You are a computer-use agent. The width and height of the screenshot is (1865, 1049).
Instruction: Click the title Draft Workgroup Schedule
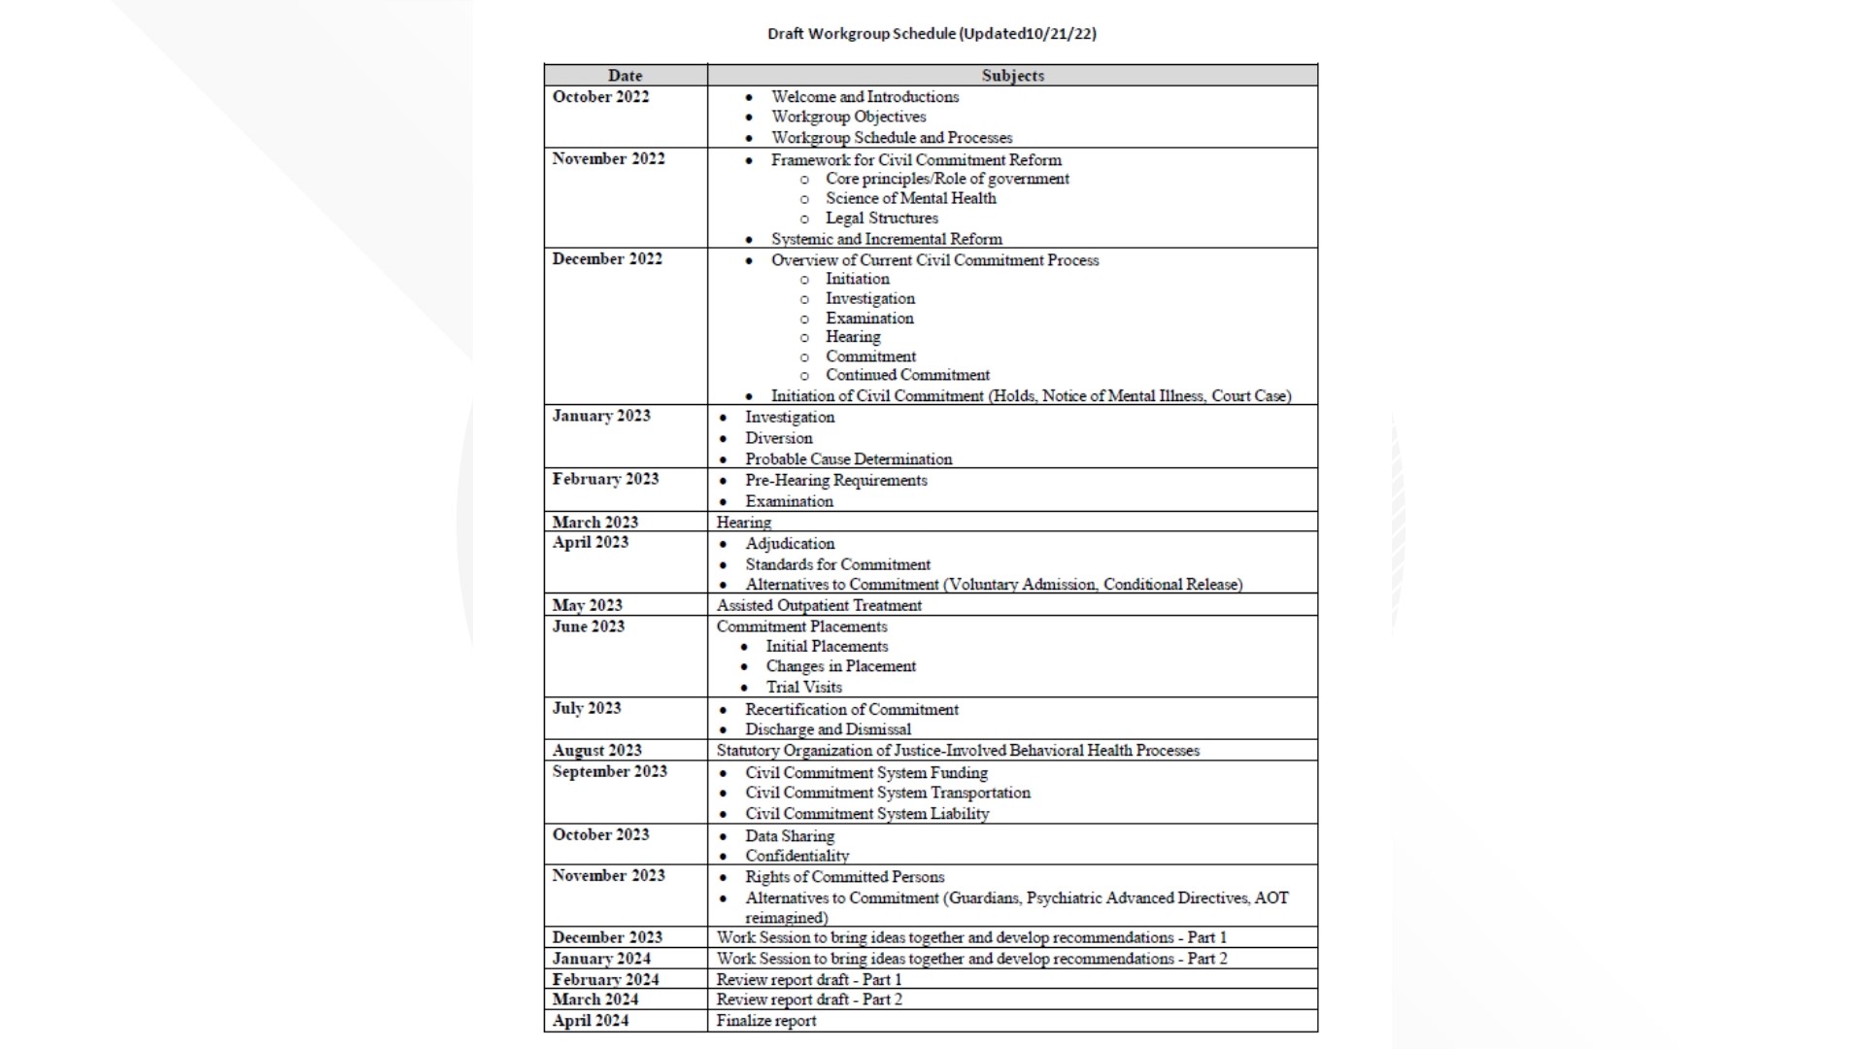(x=931, y=34)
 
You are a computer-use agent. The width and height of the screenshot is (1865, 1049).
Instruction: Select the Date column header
(x=625, y=76)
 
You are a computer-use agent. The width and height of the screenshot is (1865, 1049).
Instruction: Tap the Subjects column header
(x=1012, y=76)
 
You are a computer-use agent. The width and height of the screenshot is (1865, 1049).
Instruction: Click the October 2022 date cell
(x=600, y=97)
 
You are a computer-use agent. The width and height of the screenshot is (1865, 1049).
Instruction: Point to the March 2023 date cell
(x=594, y=522)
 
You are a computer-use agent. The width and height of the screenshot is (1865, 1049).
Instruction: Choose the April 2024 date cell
(x=591, y=1021)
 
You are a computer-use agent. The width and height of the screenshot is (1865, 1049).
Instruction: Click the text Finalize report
(x=766, y=1021)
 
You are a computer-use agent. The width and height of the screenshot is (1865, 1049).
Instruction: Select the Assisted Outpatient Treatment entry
(x=819, y=605)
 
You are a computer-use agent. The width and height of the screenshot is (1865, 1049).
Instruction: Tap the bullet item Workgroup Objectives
(x=848, y=117)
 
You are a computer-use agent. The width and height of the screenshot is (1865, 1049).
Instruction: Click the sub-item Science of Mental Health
(x=910, y=198)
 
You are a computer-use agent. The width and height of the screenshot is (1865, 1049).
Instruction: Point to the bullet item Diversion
(x=778, y=438)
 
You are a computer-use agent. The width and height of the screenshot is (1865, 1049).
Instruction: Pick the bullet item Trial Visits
(x=803, y=687)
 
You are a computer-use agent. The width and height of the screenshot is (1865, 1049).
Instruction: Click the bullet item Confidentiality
(x=797, y=856)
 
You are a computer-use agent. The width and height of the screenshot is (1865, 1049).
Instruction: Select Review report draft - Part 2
(x=809, y=999)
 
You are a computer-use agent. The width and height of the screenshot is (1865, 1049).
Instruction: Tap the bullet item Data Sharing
(x=789, y=835)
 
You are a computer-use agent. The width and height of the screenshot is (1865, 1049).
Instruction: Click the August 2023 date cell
(x=596, y=750)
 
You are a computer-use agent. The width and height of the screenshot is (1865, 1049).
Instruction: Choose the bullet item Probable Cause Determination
(x=848, y=459)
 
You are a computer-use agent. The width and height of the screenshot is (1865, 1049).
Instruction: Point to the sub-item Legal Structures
(x=881, y=219)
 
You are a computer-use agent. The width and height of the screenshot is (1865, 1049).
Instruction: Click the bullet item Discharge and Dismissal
(x=828, y=729)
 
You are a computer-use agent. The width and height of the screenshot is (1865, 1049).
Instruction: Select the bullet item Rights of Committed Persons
(x=844, y=877)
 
